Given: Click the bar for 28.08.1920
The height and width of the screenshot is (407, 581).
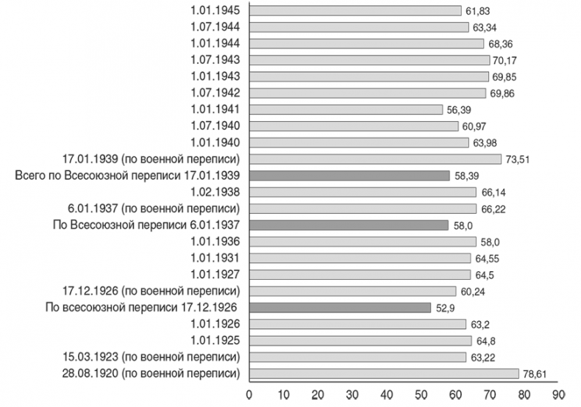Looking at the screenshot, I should pos(384,373).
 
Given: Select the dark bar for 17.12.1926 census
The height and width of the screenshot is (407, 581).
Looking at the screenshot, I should pos(340,307).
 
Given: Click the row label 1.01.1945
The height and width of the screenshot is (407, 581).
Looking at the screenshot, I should pos(215,10).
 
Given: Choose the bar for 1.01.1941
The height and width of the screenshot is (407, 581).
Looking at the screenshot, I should pos(346,109).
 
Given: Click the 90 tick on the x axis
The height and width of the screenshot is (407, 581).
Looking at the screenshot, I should pos(558,396).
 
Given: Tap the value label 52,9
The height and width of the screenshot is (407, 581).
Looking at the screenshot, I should pos(444,308).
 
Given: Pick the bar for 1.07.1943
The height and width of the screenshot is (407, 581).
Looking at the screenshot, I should pos(370,60).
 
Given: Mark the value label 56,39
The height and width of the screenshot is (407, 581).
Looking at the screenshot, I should pos(460,109).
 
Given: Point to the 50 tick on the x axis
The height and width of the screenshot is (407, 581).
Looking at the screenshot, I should pos(421,396).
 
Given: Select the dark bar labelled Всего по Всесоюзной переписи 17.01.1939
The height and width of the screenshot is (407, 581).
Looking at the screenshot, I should pos(349,176).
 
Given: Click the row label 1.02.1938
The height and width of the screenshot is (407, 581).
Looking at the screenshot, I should pos(215,192).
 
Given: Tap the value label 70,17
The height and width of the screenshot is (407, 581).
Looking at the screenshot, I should pos(505,60).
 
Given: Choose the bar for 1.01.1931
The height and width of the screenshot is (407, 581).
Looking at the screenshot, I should pos(360,258).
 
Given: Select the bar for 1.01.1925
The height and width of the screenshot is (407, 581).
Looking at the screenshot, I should pos(360,340).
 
